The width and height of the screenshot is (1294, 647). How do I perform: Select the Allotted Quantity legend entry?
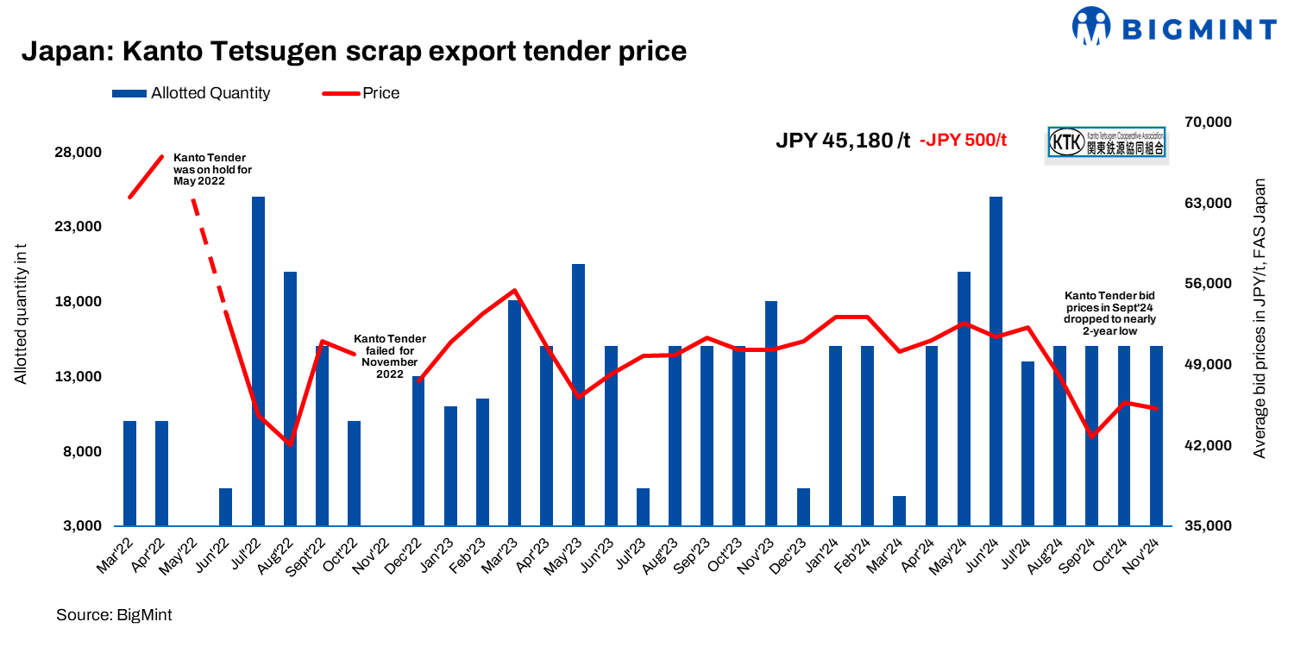(191, 93)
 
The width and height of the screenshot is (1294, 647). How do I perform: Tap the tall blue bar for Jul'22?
(258, 361)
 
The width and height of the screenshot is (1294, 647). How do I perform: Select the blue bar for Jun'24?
(996, 361)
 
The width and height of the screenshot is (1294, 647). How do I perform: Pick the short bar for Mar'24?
(900, 511)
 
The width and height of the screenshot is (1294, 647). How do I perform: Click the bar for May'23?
(579, 394)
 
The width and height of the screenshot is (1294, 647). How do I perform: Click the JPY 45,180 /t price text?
(843, 141)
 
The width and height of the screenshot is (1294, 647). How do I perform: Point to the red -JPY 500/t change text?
(963, 141)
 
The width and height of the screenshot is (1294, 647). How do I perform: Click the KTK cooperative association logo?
(1106, 142)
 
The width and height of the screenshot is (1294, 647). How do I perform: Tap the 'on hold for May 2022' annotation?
(211, 170)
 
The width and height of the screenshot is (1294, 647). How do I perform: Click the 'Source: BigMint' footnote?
(114, 615)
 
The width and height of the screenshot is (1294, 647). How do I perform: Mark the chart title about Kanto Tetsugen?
(354, 52)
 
